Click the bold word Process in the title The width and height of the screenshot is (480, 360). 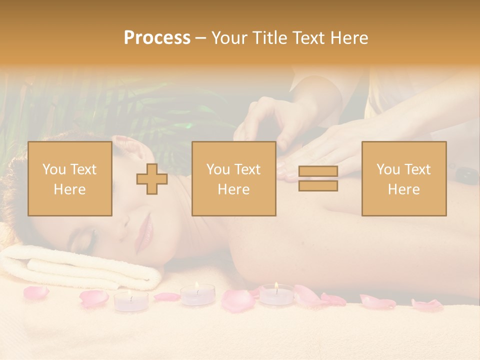[157, 37]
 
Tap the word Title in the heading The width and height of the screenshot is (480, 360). [270, 37]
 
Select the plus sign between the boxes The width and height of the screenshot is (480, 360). [152, 179]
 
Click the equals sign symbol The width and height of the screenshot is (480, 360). [318, 178]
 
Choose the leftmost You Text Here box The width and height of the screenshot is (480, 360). [69, 179]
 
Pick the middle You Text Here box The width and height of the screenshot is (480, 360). [233, 179]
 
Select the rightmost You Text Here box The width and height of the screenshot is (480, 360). [403, 179]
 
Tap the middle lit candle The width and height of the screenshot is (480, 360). [197, 294]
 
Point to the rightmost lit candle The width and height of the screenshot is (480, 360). [276, 293]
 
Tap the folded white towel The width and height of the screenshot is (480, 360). [75, 265]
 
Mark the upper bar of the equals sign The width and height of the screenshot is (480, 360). [318, 171]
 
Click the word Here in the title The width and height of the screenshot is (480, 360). [349, 37]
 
